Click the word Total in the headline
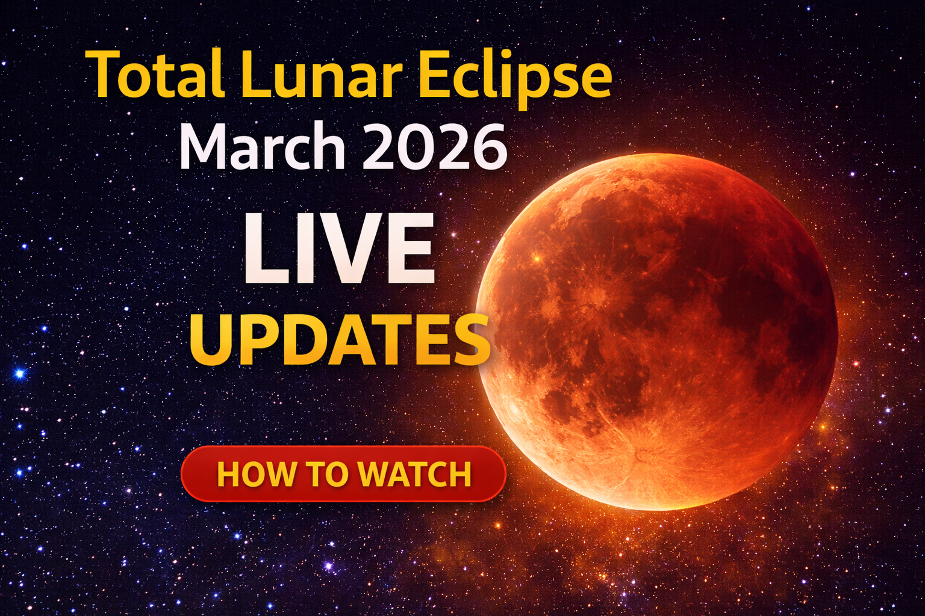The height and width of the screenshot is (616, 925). [x=158, y=75]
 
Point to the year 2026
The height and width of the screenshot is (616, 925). [x=435, y=147]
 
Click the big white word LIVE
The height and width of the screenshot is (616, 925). [x=338, y=248]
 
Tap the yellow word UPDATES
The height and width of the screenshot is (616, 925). [x=340, y=340]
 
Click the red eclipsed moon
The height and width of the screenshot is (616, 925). [x=656, y=331]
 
